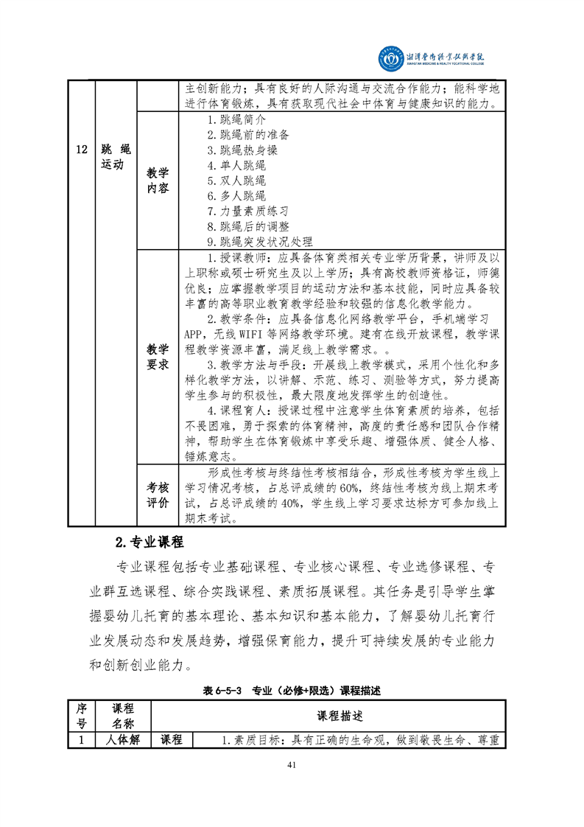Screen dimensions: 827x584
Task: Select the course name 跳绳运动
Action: pos(116,157)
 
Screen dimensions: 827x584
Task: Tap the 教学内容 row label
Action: pos(158,181)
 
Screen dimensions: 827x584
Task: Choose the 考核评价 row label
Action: pos(158,495)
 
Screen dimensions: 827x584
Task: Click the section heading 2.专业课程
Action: pos(149,542)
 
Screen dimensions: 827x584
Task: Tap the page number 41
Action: pos(292,764)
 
